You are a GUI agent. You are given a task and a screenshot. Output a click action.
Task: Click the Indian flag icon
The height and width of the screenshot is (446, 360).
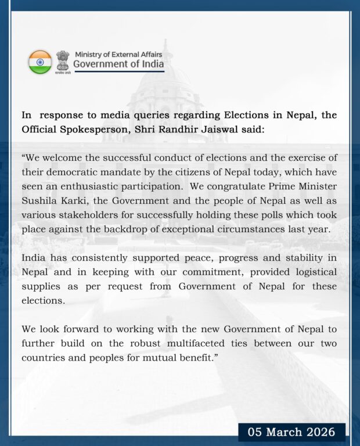[40, 62]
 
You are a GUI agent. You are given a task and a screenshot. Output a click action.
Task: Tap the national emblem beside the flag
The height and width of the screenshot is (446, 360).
[63, 61]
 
